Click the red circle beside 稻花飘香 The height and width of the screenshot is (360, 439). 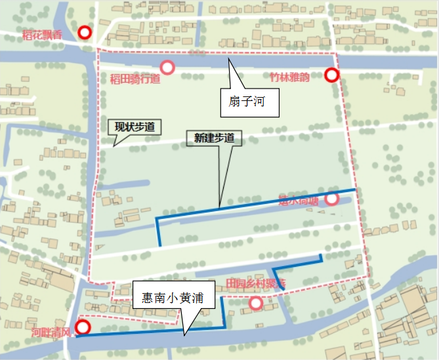pyautogui.click(x=84, y=33)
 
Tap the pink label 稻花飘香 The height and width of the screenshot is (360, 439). pyautogui.click(x=42, y=35)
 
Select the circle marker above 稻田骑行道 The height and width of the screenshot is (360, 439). pyautogui.click(x=167, y=67)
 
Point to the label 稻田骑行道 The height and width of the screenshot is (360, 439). pyautogui.click(x=135, y=80)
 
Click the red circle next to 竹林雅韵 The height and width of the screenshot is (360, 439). pyautogui.click(x=331, y=75)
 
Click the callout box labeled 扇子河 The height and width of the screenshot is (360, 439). pyautogui.click(x=247, y=103)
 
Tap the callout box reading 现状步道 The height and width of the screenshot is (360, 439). pyautogui.click(x=135, y=127)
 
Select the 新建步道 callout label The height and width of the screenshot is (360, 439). pyautogui.click(x=214, y=138)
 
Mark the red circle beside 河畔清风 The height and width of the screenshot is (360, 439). pyautogui.click(x=83, y=328)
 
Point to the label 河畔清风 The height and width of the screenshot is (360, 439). pyautogui.click(x=51, y=333)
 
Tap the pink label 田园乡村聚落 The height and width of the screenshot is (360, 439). pyautogui.click(x=255, y=283)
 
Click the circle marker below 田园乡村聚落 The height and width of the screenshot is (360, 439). pyautogui.click(x=256, y=303)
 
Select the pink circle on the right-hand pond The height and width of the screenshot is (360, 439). pyautogui.click(x=332, y=198)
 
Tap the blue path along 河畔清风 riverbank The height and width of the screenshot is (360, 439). pyautogui.click(x=144, y=332)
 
